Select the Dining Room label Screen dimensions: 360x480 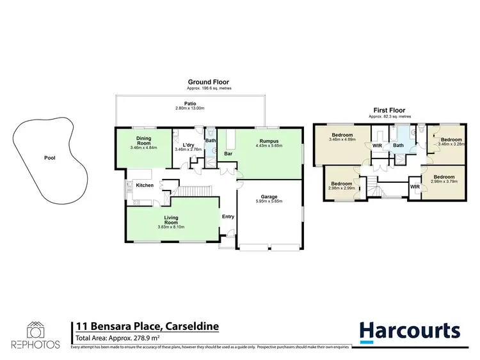point(143,140)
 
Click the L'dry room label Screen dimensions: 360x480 point(188,145)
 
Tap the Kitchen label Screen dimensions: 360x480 point(145,185)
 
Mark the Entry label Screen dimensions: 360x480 point(228,216)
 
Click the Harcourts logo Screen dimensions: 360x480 point(409,331)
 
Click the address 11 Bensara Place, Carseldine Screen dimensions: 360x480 point(147,326)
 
